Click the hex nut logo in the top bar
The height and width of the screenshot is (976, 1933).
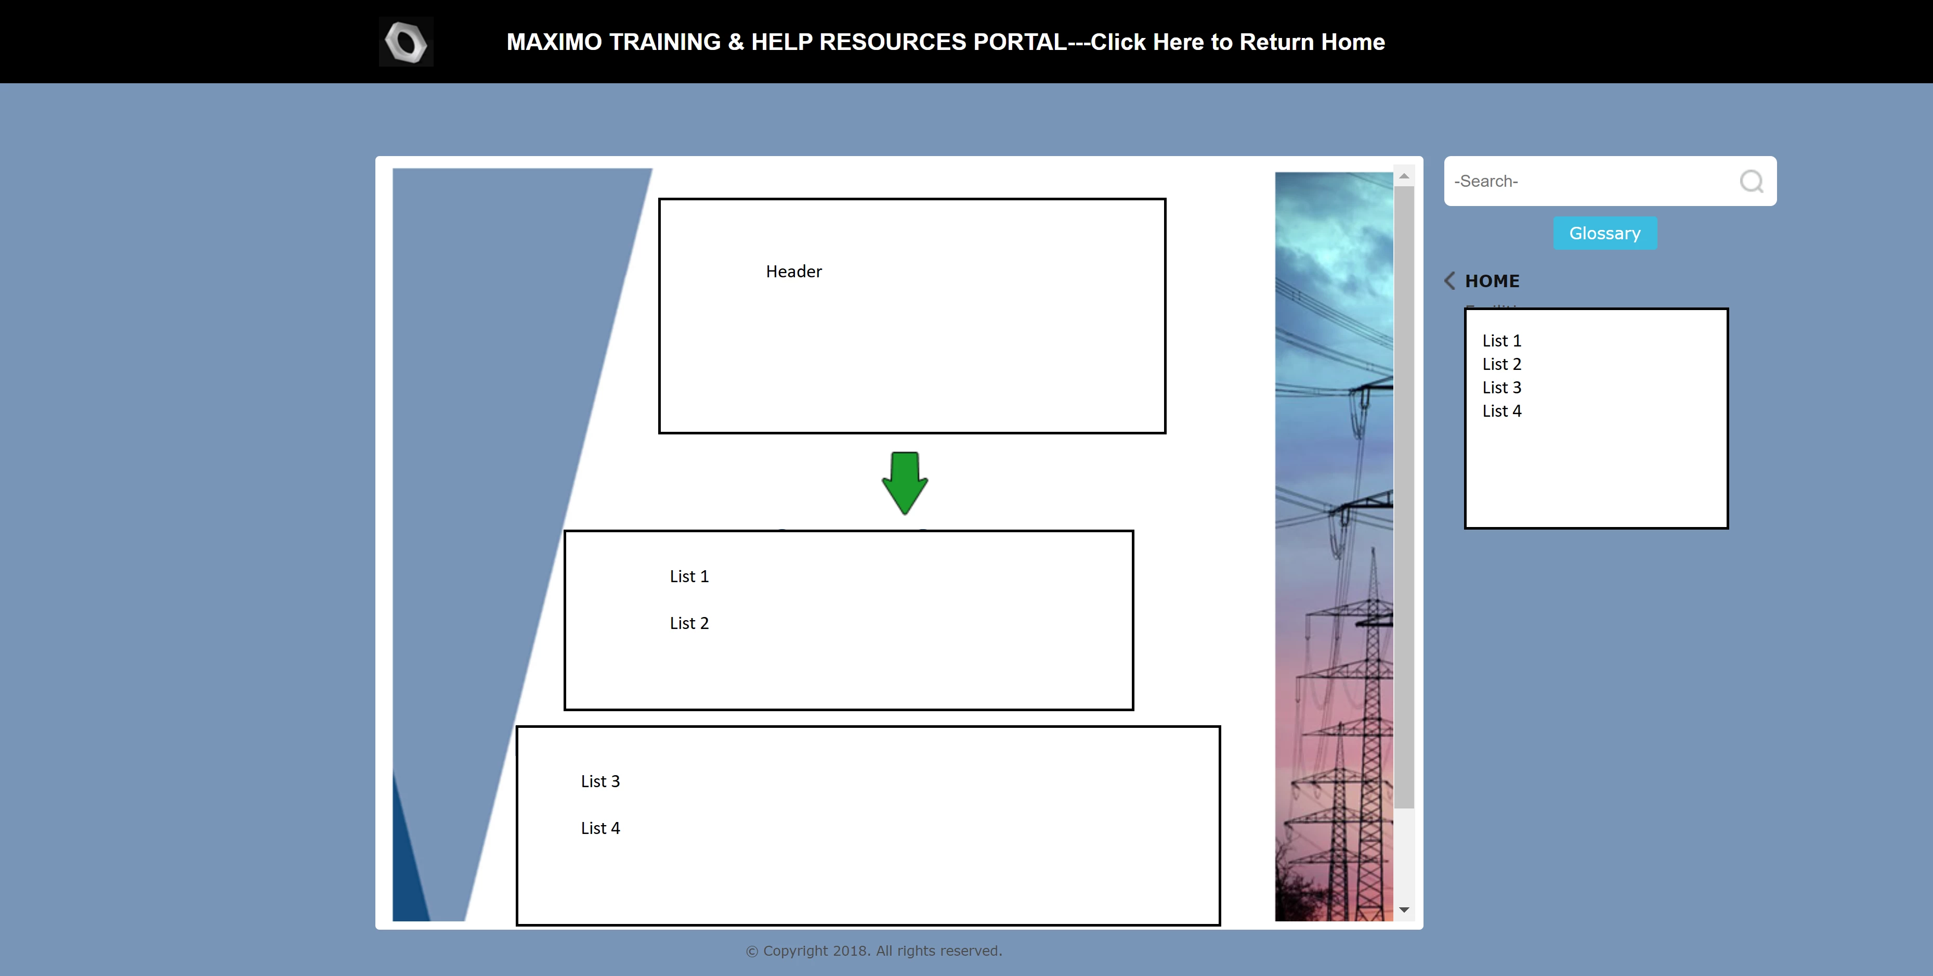point(406,42)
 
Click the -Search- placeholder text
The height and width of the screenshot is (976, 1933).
point(1486,181)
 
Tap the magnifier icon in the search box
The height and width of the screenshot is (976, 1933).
point(1752,181)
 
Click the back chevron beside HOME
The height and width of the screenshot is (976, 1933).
point(1449,281)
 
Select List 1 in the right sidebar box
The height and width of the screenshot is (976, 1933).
point(1501,341)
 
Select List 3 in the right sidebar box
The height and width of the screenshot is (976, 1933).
point(1501,388)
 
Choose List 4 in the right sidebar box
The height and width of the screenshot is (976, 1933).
point(1501,410)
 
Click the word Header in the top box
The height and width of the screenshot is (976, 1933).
point(794,272)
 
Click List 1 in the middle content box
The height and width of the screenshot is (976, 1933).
point(689,576)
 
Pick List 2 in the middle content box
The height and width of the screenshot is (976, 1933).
point(689,623)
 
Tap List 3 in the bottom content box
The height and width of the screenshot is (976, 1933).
point(600,781)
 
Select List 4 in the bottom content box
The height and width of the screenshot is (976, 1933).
point(600,828)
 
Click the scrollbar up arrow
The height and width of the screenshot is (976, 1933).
point(1404,176)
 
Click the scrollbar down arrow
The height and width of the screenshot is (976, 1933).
point(1404,910)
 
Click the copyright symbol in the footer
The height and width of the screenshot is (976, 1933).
point(752,951)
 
